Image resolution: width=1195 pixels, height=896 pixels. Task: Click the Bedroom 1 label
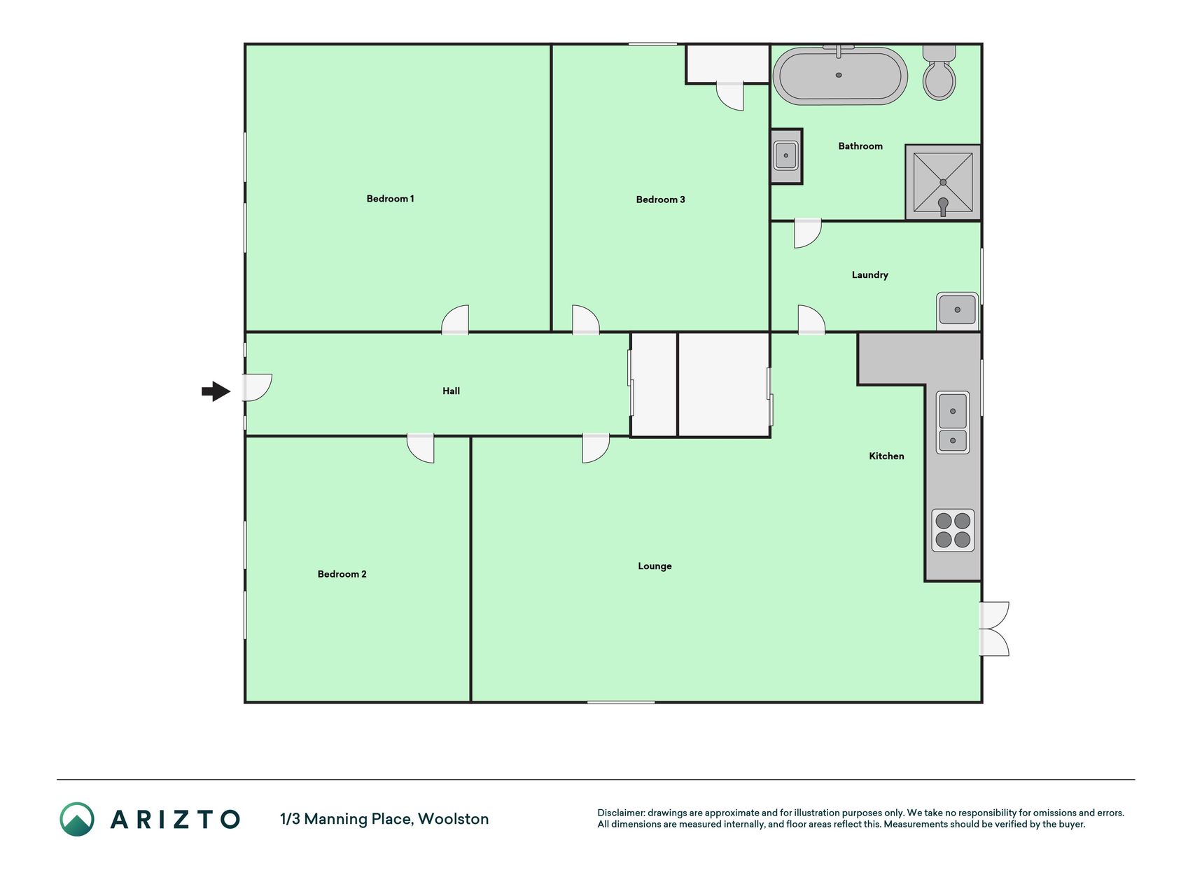390,199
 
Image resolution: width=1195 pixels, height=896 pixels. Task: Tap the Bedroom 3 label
660,199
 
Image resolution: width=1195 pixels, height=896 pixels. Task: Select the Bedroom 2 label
342,574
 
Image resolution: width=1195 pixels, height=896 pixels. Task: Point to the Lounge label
655,566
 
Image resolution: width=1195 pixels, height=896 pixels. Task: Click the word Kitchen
886,456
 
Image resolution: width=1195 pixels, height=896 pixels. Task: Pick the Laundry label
869,275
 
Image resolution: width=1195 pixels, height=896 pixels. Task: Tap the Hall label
451,391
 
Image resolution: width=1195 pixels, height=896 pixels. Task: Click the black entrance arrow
216,391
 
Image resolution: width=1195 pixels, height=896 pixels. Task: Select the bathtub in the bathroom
839,75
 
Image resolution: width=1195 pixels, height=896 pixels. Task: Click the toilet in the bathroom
939,72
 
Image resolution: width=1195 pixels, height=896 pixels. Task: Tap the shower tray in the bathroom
942,182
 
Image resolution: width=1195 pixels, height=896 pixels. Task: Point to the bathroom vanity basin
786,156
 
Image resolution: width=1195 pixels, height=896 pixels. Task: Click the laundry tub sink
957,309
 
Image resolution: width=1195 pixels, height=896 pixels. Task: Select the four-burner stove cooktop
953,530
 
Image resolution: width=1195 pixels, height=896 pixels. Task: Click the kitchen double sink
953,423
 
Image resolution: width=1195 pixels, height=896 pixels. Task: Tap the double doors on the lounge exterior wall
994,629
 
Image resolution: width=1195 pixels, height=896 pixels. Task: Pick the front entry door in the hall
257,388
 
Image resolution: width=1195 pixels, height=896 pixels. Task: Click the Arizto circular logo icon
77,819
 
